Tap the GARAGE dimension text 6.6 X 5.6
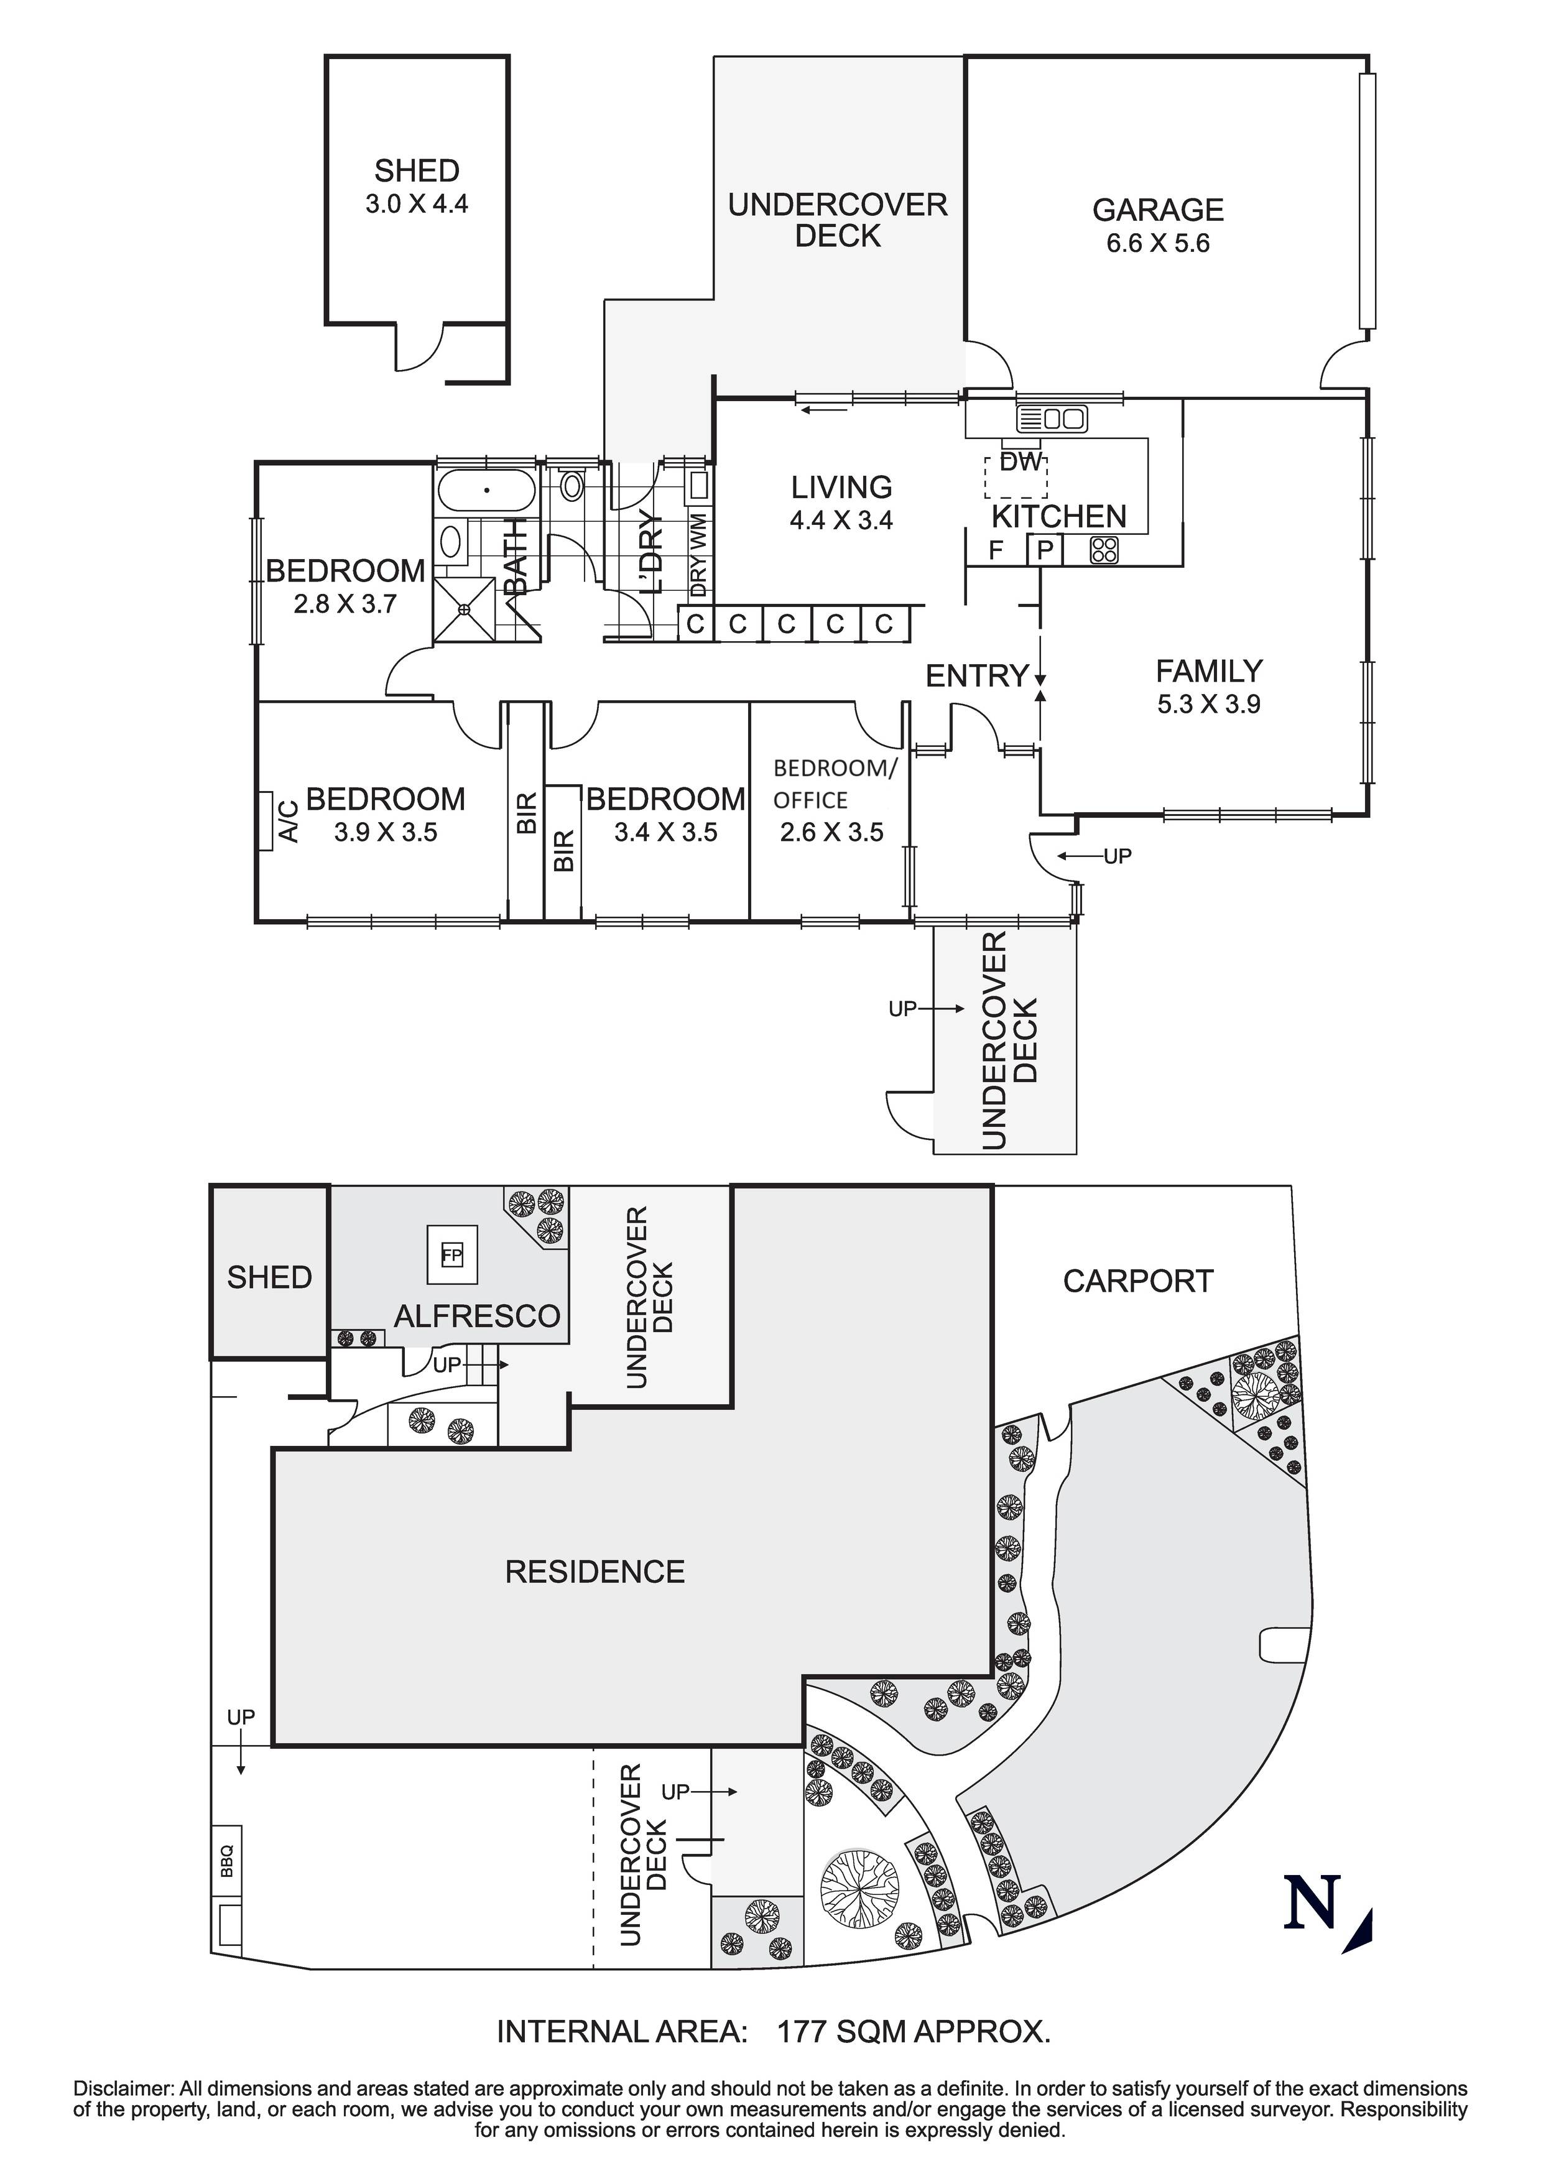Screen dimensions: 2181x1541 1157,243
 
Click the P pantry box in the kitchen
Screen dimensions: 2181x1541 1044,550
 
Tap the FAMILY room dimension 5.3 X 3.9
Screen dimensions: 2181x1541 1208,704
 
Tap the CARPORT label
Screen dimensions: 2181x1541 1137,1282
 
